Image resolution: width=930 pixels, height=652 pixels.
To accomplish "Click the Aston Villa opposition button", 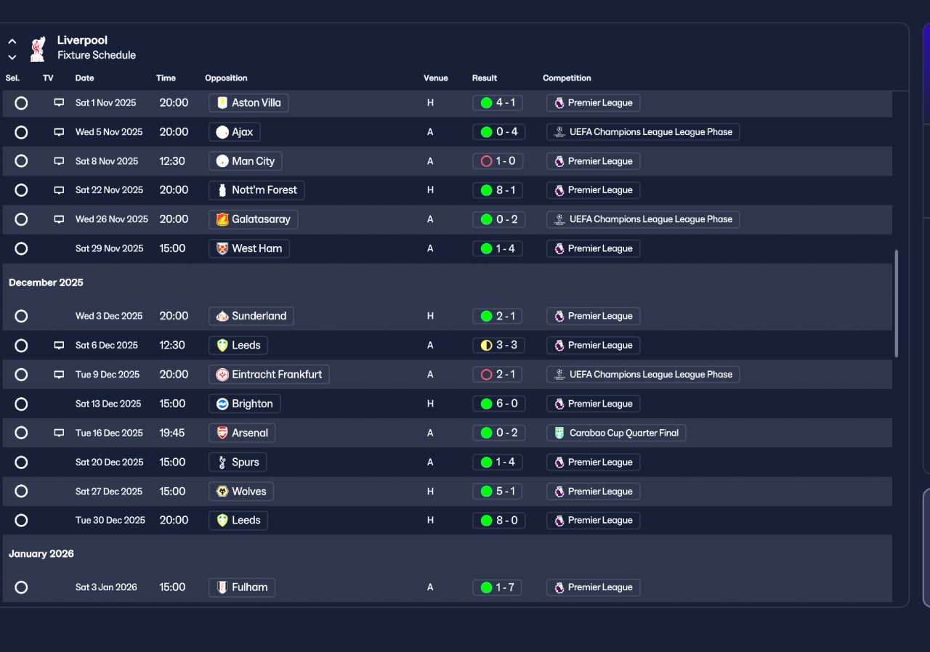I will point(248,103).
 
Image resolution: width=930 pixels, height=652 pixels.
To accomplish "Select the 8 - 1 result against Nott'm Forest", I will point(497,190).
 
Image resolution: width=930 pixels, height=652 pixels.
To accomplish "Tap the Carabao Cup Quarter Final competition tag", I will point(616,433).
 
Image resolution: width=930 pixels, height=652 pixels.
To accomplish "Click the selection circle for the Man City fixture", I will point(21,161).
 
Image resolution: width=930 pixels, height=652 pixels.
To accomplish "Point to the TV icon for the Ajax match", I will point(59,132).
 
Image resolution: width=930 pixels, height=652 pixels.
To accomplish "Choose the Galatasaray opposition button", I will point(253,219).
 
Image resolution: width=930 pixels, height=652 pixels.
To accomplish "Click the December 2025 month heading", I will point(46,282).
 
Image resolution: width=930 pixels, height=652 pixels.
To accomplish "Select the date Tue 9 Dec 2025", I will point(108,375).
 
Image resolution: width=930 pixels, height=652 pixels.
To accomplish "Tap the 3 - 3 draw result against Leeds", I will point(497,346).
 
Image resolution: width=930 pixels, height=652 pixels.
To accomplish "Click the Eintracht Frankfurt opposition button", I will point(269,375).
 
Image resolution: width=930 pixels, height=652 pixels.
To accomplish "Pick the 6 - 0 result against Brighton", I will point(497,404).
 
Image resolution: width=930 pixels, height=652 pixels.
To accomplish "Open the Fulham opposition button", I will point(242,587).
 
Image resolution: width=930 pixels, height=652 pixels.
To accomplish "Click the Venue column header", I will point(436,78).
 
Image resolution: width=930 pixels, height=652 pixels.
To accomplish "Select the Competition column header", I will point(567,78).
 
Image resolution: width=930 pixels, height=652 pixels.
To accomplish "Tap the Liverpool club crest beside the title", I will point(37,48).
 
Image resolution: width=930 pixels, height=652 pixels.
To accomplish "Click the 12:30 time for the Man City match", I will point(172,161).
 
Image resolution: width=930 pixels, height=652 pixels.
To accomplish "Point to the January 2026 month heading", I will point(41,554).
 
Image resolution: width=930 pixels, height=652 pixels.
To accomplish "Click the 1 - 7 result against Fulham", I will point(497,587).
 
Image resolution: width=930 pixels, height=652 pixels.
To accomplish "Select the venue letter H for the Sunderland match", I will point(430,317).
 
